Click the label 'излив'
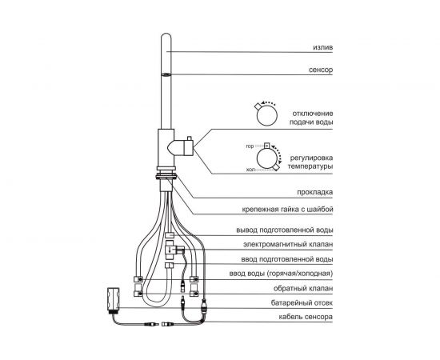(x=323, y=47)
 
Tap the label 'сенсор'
(x=321, y=70)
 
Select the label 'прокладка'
(x=315, y=192)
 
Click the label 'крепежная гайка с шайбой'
(x=287, y=210)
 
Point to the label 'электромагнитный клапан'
(x=288, y=244)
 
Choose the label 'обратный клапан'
(x=303, y=288)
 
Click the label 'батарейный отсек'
(x=302, y=302)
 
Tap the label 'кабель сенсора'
(x=306, y=317)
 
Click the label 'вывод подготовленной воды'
(x=285, y=230)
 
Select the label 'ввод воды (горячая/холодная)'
(x=281, y=274)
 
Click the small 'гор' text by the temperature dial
(x=250, y=146)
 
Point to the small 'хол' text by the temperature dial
(x=250, y=170)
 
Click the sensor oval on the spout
(x=166, y=74)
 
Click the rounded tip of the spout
(x=166, y=35)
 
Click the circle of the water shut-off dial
(x=267, y=115)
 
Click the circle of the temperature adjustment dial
(x=267, y=158)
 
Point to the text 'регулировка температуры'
(x=310, y=162)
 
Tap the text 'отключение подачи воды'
(x=311, y=118)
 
